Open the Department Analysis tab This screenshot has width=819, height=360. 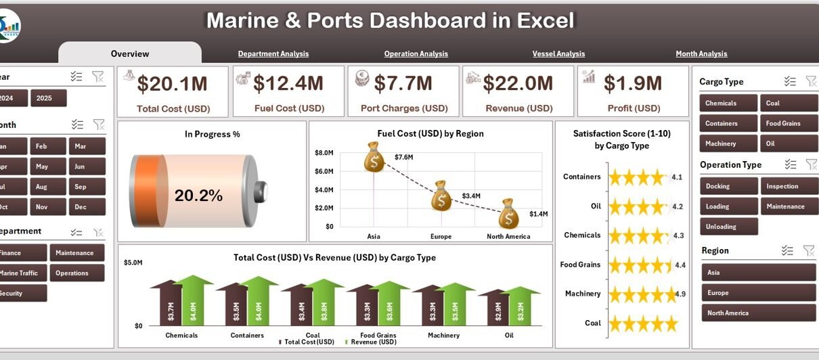(273, 53)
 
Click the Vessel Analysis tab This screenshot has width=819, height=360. (558, 53)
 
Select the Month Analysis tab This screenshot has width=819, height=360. (701, 53)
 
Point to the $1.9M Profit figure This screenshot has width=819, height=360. (632, 83)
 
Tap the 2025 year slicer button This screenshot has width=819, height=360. (49, 98)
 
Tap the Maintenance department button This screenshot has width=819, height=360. (76, 252)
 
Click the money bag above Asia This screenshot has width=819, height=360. (374, 160)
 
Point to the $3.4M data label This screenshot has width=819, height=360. (471, 196)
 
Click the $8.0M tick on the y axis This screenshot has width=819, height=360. (324, 153)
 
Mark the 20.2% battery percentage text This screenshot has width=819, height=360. (198, 196)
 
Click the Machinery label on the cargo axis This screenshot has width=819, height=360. (443, 335)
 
